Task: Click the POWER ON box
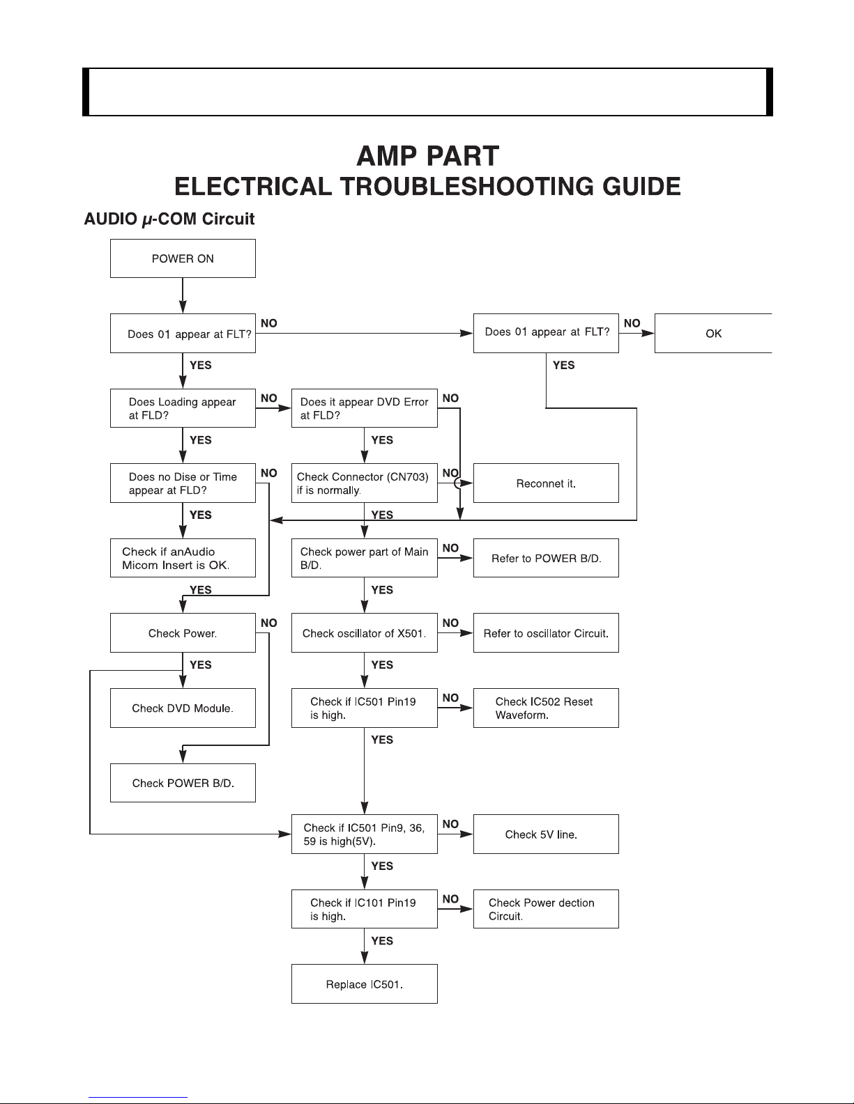pyautogui.click(x=183, y=258)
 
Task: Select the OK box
pyautogui.click(x=713, y=333)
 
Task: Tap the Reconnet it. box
pyautogui.click(x=546, y=483)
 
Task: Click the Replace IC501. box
pyautogui.click(x=365, y=984)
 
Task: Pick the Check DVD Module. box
pyautogui.click(x=183, y=708)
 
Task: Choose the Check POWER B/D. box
pyautogui.click(x=183, y=783)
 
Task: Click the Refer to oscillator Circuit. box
pyautogui.click(x=546, y=633)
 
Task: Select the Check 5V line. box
pyautogui.click(x=546, y=834)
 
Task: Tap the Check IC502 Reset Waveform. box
pyautogui.click(x=546, y=708)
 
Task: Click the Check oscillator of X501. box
pyautogui.click(x=365, y=633)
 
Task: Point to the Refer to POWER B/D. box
pyautogui.click(x=546, y=558)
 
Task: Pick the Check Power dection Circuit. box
pyautogui.click(x=546, y=909)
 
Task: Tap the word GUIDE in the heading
pyautogui.click(x=641, y=187)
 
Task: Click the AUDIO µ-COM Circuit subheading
pyautogui.click(x=169, y=219)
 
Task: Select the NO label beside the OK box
pyautogui.click(x=632, y=323)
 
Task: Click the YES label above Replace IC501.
pyautogui.click(x=382, y=941)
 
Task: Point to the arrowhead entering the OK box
pyautogui.click(x=648, y=333)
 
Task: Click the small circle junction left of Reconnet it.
pyautogui.click(x=459, y=483)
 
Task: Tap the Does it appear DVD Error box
pyautogui.click(x=365, y=408)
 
